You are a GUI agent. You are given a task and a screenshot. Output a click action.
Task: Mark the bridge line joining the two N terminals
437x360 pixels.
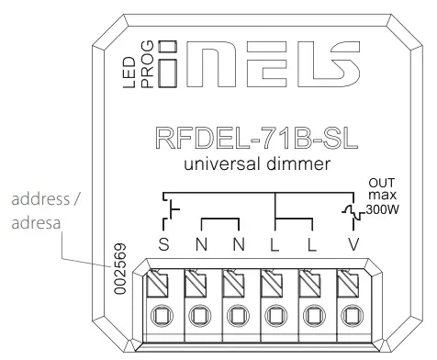(220, 219)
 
